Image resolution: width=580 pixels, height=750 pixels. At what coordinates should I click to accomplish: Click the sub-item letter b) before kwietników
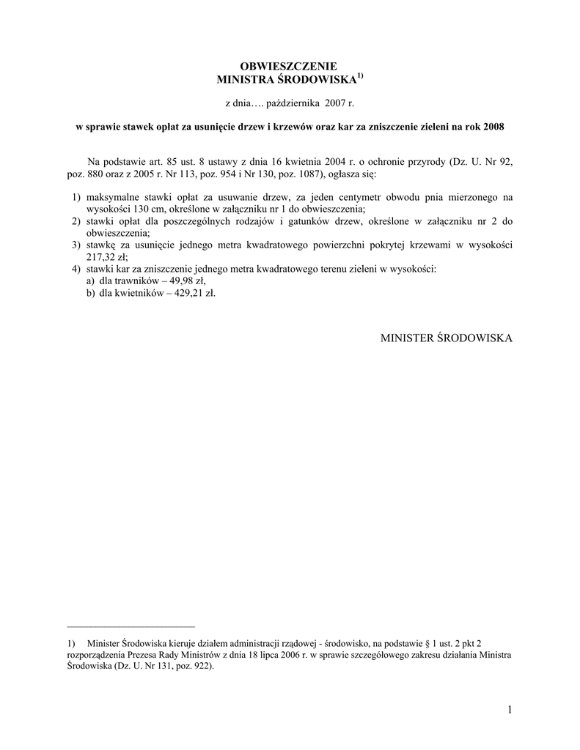pyautogui.click(x=90, y=292)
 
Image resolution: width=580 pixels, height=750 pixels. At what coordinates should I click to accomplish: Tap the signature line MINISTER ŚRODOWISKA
pyautogui.click(x=447, y=338)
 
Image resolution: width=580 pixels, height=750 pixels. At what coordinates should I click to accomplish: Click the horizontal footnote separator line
pyautogui.click(x=131, y=627)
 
